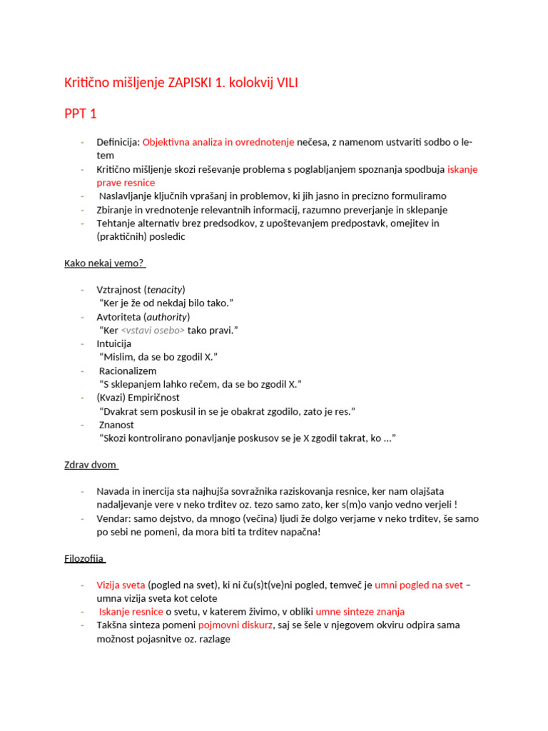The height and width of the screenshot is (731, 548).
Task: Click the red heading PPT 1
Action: pos(80,114)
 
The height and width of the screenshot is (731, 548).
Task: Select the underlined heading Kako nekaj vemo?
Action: pos(104,263)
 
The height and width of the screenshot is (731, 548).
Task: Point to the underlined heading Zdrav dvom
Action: pos(91,465)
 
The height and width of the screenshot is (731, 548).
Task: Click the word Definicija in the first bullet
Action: pos(118,142)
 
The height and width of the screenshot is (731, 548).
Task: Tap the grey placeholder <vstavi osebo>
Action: pos(153,331)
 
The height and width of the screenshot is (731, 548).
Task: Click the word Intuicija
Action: pos(114,344)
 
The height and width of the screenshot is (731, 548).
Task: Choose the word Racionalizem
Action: pos(128,371)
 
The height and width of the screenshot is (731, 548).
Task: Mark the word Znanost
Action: pos(116,425)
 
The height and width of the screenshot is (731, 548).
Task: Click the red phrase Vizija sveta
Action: pos(121,585)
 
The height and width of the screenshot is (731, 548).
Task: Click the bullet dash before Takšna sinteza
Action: pos(83,625)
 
